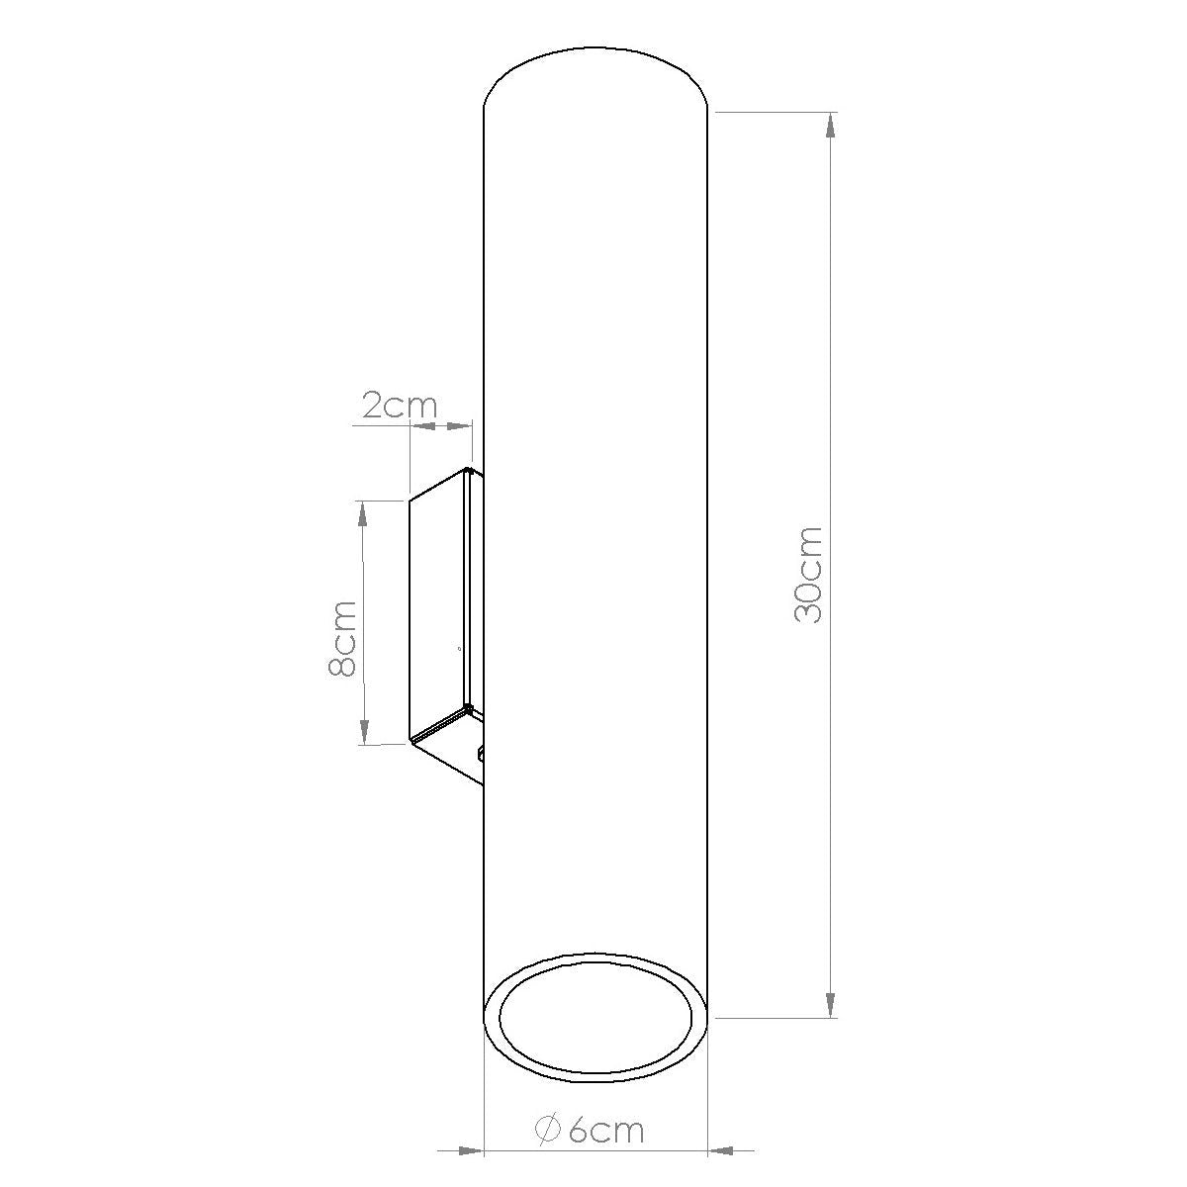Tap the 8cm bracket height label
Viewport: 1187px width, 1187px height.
pos(342,638)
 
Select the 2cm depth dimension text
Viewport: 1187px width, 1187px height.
pos(398,407)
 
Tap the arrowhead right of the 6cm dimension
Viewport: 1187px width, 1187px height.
pos(728,1150)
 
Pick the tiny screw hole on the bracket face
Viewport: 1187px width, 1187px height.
pos(458,649)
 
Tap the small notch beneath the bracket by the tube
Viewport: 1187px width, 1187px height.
pos(481,754)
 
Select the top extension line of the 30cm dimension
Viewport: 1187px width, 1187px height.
pos(772,113)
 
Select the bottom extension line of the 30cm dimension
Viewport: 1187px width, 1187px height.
pos(772,1017)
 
